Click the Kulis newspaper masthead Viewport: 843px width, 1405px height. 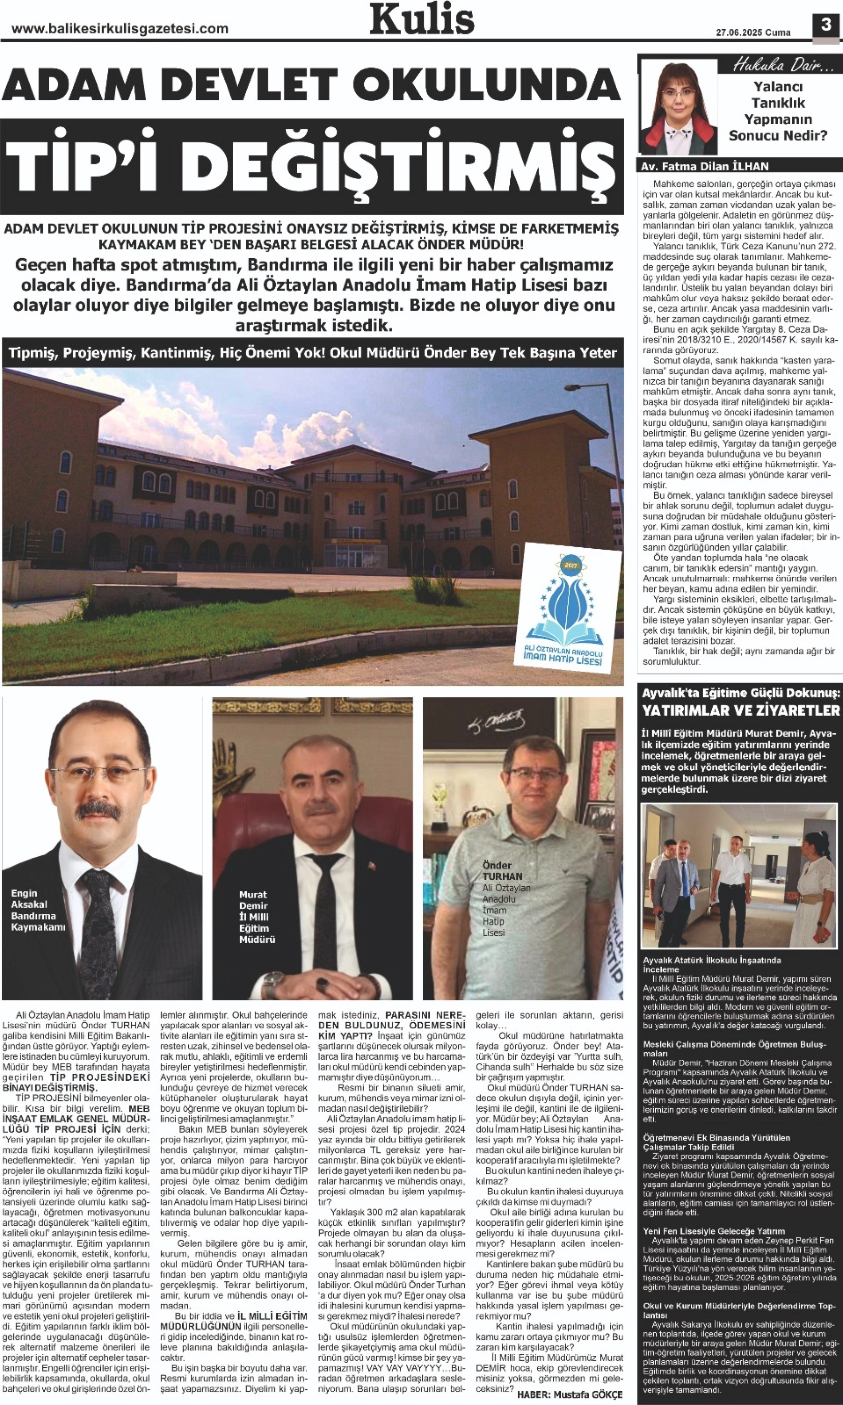[422, 19]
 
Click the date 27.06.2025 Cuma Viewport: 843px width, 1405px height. [752, 32]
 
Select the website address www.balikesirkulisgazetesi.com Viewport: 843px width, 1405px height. [120, 28]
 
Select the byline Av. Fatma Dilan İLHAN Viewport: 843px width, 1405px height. [705, 166]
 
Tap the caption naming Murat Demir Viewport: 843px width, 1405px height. [257, 917]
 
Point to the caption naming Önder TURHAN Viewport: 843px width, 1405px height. [505, 898]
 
